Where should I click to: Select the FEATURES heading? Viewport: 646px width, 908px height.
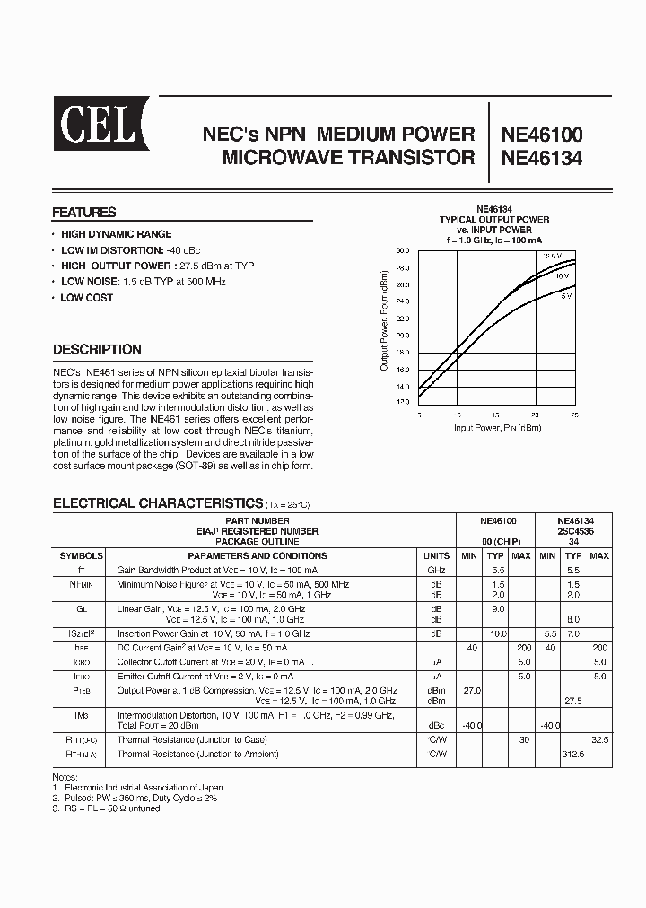click(x=84, y=213)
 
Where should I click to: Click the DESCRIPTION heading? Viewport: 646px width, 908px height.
click(x=97, y=350)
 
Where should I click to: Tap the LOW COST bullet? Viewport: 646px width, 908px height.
click(x=86, y=298)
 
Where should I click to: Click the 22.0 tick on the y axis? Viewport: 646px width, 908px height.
click(x=402, y=319)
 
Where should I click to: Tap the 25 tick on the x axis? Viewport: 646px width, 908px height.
click(x=573, y=415)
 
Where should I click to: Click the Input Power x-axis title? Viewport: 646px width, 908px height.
click(x=497, y=429)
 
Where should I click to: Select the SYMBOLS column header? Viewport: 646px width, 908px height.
click(x=81, y=556)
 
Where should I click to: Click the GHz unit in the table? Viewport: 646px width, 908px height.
click(x=436, y=570)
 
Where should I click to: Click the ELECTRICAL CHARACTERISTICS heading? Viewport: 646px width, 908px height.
click(x=158, y=503)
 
